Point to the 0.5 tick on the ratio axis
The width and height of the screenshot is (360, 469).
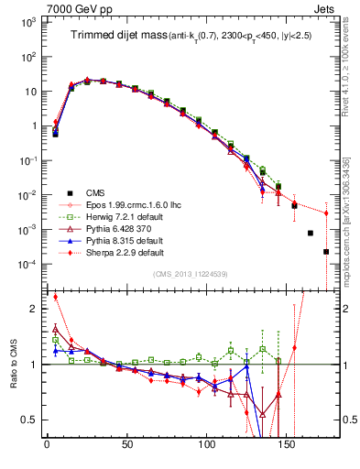(x=30, y=420)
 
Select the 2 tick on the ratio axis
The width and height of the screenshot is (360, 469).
(x=35, y=309)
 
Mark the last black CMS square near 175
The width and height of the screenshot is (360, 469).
(x=326, y=252)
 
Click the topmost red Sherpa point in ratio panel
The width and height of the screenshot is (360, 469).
(x=56, y=297)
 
